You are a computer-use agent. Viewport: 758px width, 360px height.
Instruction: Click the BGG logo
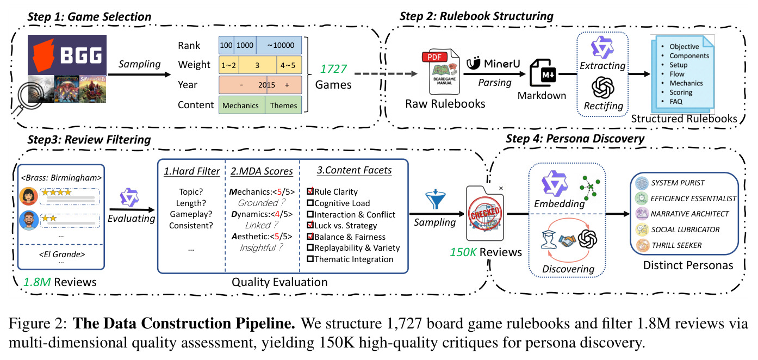pyautogui.click(x=67, y=55)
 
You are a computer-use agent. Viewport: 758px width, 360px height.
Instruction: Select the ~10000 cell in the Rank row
pyautogui.click(x=279, y=45)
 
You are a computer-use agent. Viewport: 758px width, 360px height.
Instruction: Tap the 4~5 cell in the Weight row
pyautogui.click(x=289, y=65)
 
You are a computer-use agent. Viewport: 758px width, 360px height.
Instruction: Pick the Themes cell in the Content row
pyautogui.click(x=283, y=105)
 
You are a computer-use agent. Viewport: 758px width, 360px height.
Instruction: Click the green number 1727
pyautogui.click(x=333, y=69)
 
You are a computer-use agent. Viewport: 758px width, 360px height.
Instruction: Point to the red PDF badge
pyautogui.click(x=434, y=57)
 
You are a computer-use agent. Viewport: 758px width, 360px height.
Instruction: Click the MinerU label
pyautogui.click(x=493, y=63)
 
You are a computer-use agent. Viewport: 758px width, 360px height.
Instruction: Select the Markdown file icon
pyautogui.click(x=543, y=73)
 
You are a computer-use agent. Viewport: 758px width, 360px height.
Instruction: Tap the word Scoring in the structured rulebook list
pyautogui.click(x=681, y=92)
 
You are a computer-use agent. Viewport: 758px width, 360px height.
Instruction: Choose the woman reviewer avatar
pyautogui.click(x=29, y=196)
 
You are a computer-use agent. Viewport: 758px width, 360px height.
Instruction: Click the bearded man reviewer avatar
pyautogui.click(x=29, y=220)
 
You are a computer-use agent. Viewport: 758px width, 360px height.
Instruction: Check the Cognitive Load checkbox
pyautogui.click(x=310, y=203)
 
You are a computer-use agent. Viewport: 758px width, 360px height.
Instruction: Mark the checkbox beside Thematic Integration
pyautogui.click(x=310, y=259)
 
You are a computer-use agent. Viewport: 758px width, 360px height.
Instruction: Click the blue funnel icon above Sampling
pyautogui.click(x=436, y=199)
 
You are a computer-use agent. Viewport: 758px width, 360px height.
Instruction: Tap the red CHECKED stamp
pyautogui.click(x=485, y=213)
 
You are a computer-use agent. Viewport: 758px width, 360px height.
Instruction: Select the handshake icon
pyautogui.click(x=567, y=240)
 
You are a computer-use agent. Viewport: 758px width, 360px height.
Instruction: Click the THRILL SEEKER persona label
pyautogui.click(x=677, y=245)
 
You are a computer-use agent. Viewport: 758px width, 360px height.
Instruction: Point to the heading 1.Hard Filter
pyautogui.click(x=192, y=171)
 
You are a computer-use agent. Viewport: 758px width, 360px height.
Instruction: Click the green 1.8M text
pyautogui.click(x=37, y=282)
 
